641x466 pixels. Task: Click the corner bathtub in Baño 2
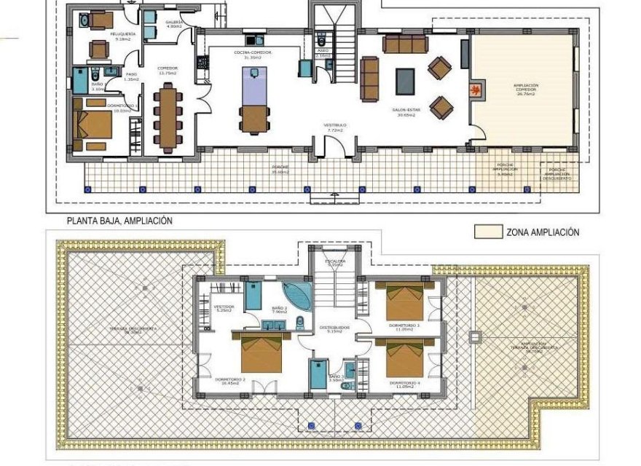pyautogui.click(x=297, y=296)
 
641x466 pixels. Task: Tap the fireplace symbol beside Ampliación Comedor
pyautogui.click(x=474, y=90)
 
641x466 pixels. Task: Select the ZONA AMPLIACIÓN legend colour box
pyautogui.click(x=488, y=232)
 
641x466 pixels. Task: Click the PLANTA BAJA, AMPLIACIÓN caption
pyautogui.click(x=119, y=221)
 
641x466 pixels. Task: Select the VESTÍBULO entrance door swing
pyautogui.click(x=334, y=149)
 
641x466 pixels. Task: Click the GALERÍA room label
pyautogui.click(x=174, y=23)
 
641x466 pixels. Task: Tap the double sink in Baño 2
pyautogui.click(x=272, y=325)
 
